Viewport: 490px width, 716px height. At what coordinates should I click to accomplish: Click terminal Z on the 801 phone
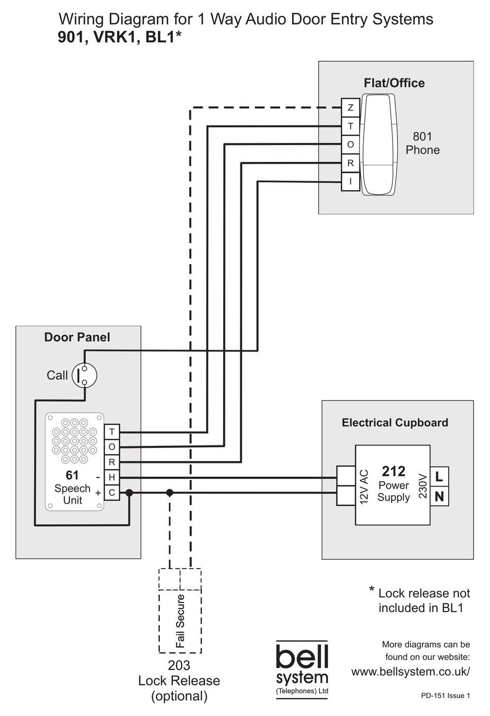pos(350,108)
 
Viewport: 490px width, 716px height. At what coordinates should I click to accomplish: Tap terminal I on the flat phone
pos(350,181)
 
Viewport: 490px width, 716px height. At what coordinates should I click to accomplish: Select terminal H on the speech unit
pos(111,477)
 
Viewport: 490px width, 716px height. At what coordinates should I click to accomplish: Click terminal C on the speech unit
pos(111,493)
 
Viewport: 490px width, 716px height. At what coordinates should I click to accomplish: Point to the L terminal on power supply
pos(439,477)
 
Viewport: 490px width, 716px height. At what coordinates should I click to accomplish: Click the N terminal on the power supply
pos(439,496)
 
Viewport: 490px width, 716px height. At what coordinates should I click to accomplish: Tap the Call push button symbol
pos(84,375)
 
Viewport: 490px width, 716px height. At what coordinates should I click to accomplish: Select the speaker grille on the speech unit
pos(74,441)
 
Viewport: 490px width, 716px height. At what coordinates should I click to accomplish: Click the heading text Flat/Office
pos(394,83)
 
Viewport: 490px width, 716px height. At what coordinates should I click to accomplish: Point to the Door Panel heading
pos(77,337)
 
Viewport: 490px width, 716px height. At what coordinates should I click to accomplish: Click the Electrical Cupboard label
pos(395,423)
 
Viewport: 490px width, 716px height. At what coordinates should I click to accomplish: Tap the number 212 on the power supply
pos(394,471)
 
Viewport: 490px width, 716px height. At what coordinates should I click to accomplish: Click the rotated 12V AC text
pos(364,487)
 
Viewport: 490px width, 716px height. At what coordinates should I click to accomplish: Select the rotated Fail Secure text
pos(180,621)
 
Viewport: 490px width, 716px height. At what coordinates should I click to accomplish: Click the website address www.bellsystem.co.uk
pos(411,672)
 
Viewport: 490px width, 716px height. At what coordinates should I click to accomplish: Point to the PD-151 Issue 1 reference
pos(445,695)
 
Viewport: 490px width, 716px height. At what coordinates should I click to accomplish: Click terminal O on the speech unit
pos(111,447)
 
